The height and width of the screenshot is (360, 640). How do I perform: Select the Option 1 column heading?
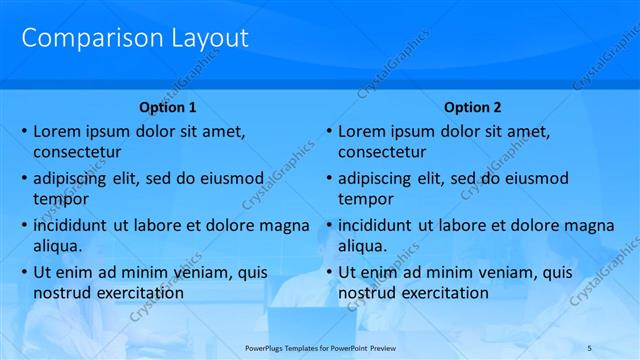(167, 107)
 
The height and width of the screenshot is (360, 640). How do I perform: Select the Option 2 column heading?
(472, 107)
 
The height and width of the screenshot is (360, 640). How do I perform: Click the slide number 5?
(589, 347)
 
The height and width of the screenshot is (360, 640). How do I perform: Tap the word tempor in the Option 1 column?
(61, 199)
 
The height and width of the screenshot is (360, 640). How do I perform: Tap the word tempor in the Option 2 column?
(366, 199)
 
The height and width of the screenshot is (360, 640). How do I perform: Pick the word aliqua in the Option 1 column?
(57, 246)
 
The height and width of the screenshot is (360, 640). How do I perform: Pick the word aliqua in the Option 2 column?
(362, 246)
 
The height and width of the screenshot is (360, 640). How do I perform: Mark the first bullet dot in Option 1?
(23, 131)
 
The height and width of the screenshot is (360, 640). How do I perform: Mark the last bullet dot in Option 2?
(328, 272)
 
